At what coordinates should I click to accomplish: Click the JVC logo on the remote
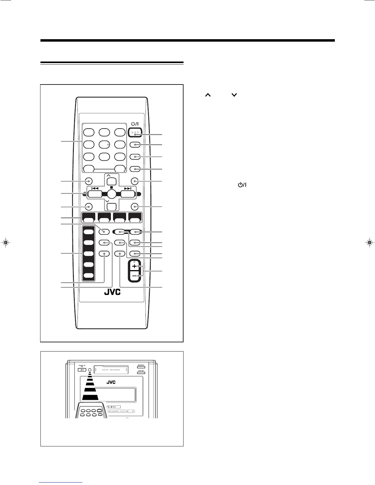point(112,292)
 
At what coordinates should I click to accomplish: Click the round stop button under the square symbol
point(112,194)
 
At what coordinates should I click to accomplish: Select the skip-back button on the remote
point(95,194)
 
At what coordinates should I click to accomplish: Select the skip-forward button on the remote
point(128,194)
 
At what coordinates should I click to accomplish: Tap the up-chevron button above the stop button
point(112,181)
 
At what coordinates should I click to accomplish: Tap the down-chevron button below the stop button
point(112,206)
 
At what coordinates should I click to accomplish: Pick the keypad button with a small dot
point(104,144)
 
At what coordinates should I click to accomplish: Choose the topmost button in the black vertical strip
point(89,232)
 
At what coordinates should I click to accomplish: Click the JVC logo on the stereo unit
point(111,382)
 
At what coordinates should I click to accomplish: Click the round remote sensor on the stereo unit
point(89,370)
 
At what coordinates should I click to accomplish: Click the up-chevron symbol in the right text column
point(208,95)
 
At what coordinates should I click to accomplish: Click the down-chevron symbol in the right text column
point(234,95)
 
